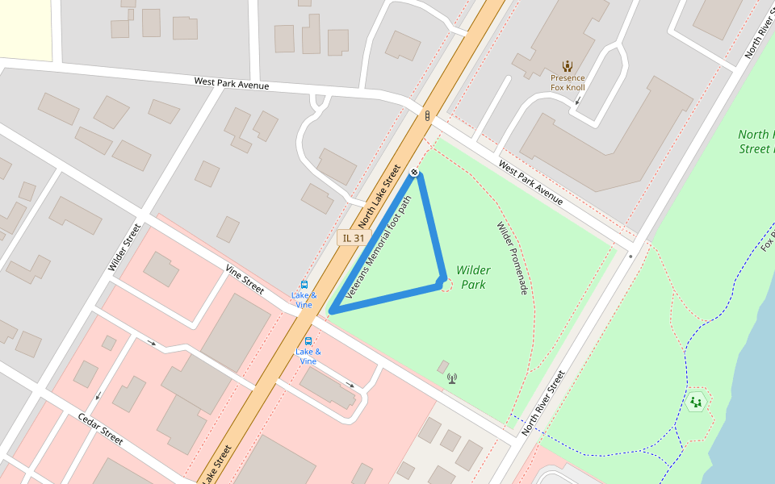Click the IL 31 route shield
354,237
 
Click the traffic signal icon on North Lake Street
425,115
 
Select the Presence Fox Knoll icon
568,66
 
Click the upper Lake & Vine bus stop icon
304,284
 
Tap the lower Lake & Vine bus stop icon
308,341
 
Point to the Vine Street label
245,279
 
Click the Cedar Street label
100,429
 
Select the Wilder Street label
124,248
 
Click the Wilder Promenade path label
512,258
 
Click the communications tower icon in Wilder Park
451,378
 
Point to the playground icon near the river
695,401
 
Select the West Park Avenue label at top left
231,84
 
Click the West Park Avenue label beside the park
530,182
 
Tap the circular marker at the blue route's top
414,172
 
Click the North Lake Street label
379,196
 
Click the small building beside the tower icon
442,367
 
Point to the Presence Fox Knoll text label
568,83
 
